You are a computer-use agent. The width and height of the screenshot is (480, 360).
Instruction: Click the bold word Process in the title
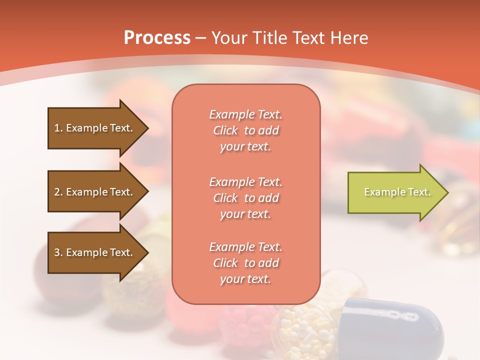click(157, 38)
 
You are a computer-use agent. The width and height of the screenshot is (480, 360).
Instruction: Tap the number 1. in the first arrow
click(58, 128)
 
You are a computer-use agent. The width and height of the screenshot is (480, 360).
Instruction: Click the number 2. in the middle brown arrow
click(58, 192)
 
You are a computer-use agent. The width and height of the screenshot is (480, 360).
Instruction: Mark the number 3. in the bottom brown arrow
click(58, 252)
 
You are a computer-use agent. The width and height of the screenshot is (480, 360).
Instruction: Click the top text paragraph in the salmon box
click(245, 130)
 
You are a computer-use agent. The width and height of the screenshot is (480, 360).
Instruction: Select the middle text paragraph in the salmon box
click(245, 197)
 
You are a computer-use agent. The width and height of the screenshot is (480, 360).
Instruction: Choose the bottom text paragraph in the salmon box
click(245, 263)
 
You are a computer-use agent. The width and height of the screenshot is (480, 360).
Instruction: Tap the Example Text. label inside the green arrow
click(397, 192)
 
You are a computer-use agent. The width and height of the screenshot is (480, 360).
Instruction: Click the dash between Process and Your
click(201, 38)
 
